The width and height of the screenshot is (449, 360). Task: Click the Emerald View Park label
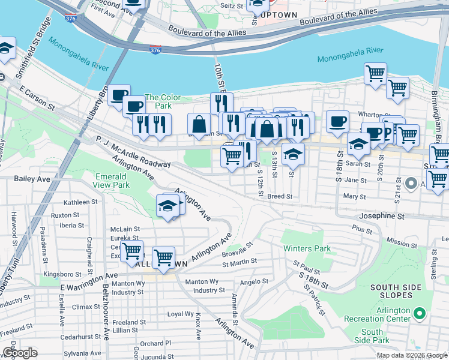click(x=112, y=181)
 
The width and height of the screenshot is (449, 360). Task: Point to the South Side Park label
click(x=372, y=336)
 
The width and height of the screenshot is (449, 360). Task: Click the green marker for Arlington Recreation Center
click(x=420, y=313)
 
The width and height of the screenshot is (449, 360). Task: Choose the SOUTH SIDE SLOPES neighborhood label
click(x=396, y=291)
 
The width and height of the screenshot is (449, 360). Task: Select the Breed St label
click(x=280, y=196)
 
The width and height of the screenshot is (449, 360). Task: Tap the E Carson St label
click(x=37, y=98)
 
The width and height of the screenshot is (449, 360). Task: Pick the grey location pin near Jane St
click(x=411, y=183)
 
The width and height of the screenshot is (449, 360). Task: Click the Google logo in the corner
click(x=20, y=353)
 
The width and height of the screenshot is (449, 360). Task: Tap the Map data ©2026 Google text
click(x=412, y=355)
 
